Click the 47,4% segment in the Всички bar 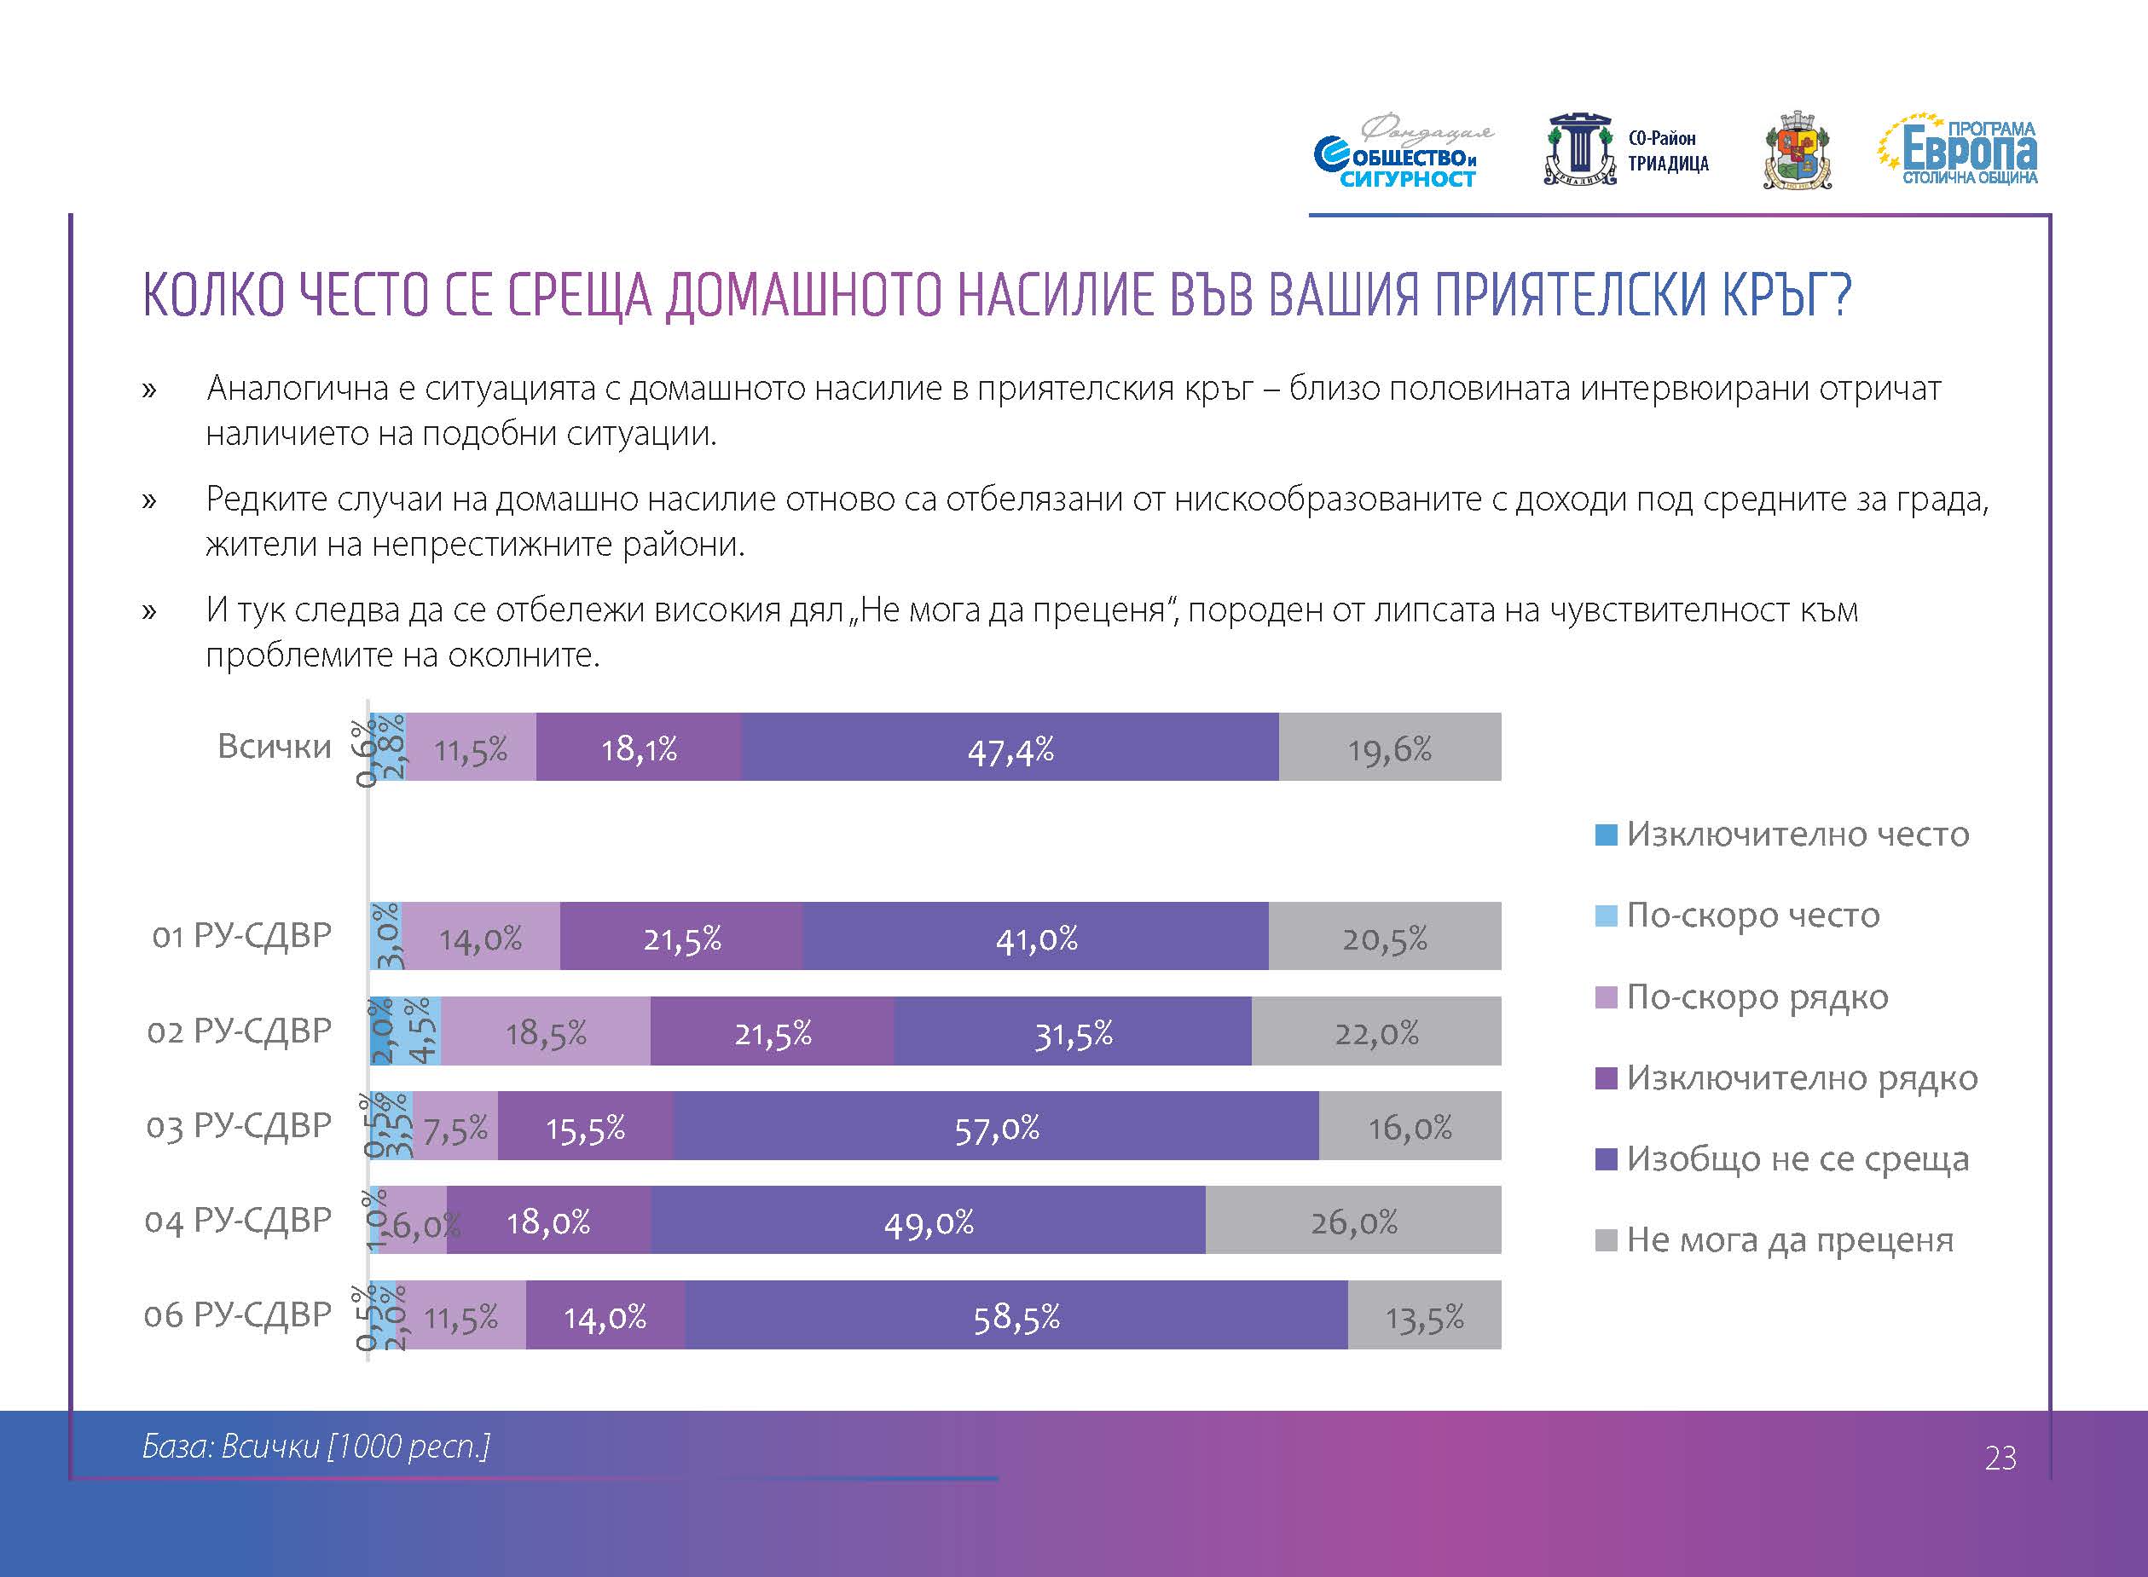click(1010, 748)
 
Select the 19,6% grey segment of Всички click(1389, 748)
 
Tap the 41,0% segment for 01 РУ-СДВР click(1036, 937)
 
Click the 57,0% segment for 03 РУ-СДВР click(996, 1126)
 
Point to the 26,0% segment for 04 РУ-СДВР click(1352, 1220)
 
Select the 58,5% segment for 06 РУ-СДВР click(1016, 1315)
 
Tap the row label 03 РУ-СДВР click(239, 1125)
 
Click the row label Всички click(274, 746)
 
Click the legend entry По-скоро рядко click(1757, 996)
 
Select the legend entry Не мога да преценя click(1789, 1240)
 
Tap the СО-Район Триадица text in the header click(1667, 151)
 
